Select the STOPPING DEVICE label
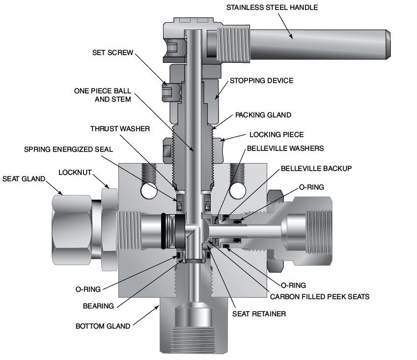(261, 80)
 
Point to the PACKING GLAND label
(263, 115)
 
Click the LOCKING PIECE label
(277, 134)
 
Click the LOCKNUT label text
(75, 172)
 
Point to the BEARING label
(98, 306)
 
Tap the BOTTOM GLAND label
(103, 326)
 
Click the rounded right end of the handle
(387, 44)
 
